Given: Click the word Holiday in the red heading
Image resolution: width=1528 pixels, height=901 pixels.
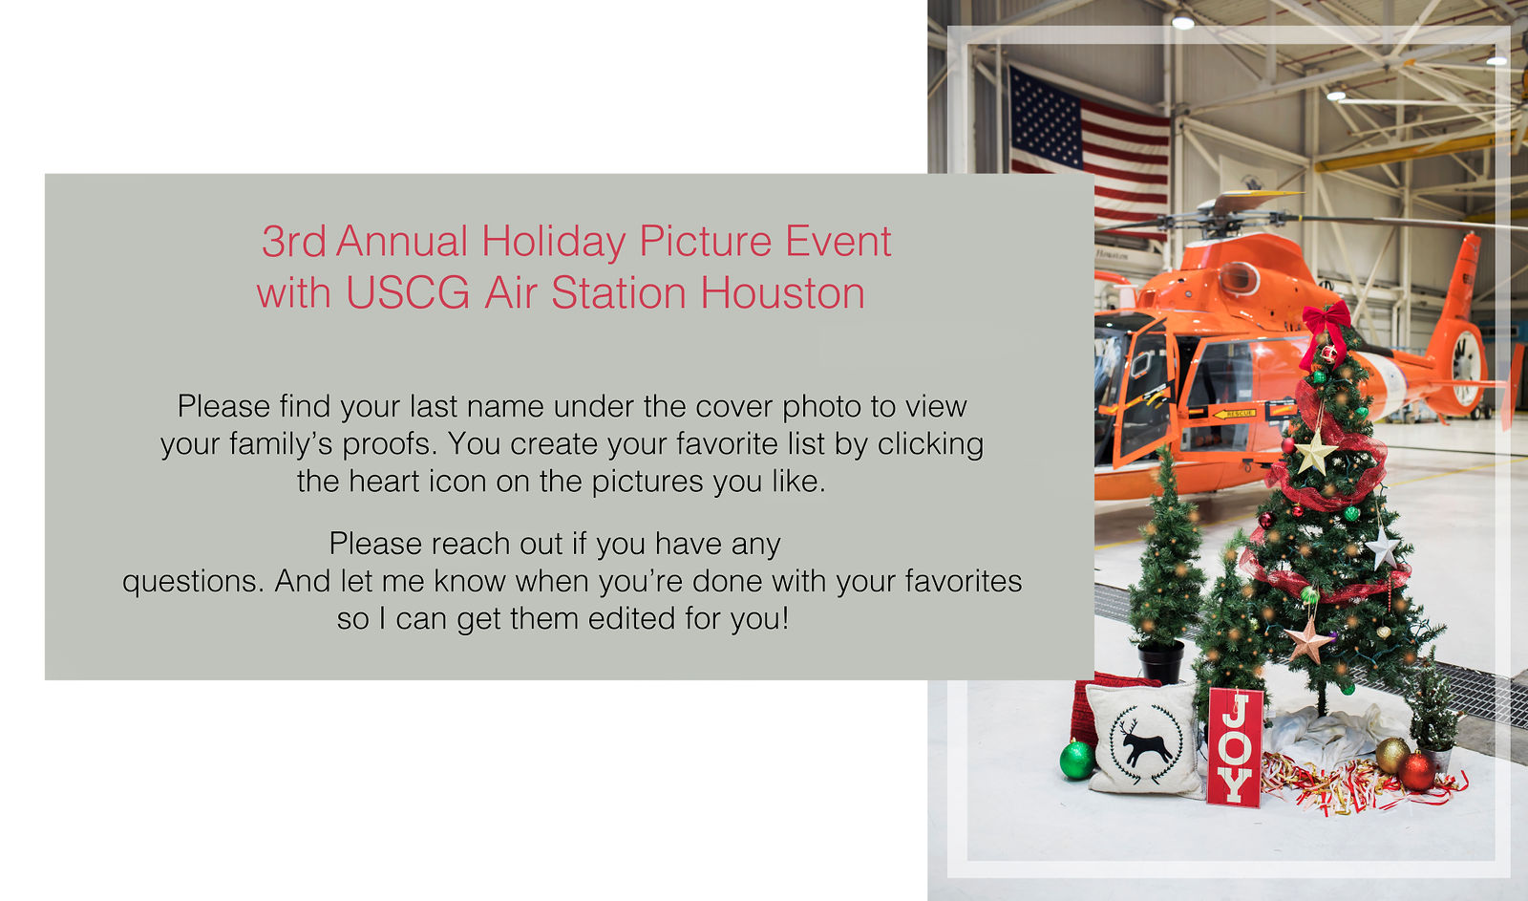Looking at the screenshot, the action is pyautogui.click(x=553, y=243).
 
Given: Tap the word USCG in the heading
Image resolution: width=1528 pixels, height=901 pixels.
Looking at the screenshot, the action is pyautogui.click(x=407, y=293).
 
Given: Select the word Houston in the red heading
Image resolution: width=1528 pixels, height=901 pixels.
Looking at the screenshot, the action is pyautogui.click(x=783, y=293).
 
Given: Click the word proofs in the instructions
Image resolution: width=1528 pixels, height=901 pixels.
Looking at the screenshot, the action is pyautogui.click(x=389, y=445).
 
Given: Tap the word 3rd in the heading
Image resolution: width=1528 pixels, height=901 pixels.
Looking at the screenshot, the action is pyautogui.click(x=293, y=243).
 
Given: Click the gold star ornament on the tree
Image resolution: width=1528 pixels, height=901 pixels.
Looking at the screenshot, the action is pyautogui.click(x=1314, y=452).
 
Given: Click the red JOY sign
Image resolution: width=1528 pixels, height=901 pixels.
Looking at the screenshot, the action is pyautogui.click(x=1235, y=747).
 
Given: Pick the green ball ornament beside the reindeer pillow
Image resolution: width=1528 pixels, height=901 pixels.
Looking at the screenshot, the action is pyautogui.click(x=1077, y=760).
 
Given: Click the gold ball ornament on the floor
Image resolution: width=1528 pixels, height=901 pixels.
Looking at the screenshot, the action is pyautogui.click(x=1392, y=755).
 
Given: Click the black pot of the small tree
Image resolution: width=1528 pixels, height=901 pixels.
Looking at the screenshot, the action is pyautogui.click(x=1161, y=661).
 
